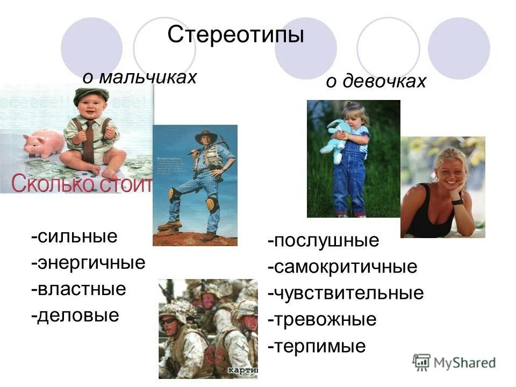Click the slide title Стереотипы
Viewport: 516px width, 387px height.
tap(235, 35)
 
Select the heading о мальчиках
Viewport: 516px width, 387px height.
tap(139, 77)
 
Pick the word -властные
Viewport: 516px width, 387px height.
tap(78, 289)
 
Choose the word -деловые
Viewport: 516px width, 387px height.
tap(75, 315)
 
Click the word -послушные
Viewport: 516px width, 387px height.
tap(323, 240)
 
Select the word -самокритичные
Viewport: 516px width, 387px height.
tap(342, 267)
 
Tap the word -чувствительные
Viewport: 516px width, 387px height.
tap(346, 293)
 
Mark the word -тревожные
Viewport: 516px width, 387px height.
tap(322, 320)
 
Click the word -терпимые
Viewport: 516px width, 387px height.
tap(317, 346)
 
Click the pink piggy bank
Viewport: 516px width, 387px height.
tap(43, 144)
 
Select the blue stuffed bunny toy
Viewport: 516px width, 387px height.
tap(335, 139)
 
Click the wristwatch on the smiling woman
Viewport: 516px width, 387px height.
tap(457, 202)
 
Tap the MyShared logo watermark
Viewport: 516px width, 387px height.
tap(454, 362)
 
